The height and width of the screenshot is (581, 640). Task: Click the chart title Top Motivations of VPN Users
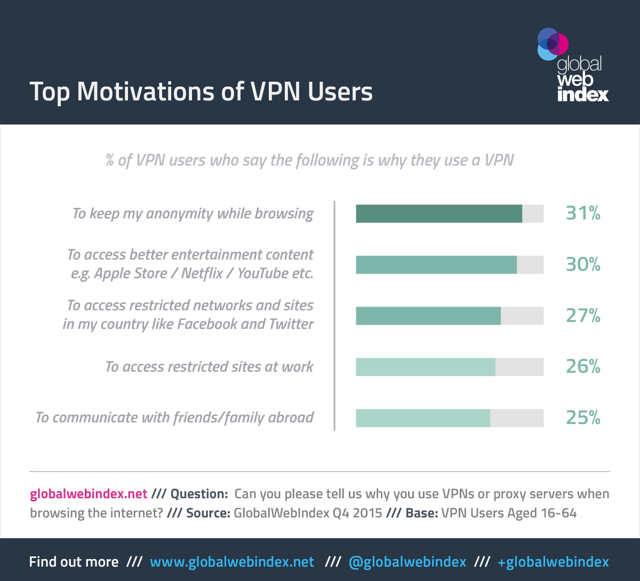click(201, 91)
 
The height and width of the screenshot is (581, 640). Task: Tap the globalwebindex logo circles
click(553, 44)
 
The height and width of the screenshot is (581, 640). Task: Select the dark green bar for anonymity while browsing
click(439, 214)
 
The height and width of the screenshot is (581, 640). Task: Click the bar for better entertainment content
click(436, 265)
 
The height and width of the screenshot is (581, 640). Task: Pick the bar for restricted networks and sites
click(428, 316)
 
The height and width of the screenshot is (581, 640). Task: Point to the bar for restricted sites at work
click(426, 367)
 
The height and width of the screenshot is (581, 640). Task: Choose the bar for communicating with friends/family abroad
click(423, 418)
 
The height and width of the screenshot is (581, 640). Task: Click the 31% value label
click(583, 214)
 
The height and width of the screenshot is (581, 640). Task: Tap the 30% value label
click(583, 265)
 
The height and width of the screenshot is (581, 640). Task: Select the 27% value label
click(583, 316)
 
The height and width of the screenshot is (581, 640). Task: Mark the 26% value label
click(583, 367)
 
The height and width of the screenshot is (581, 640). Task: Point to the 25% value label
click(583, 418)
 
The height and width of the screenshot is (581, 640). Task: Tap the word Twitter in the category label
click(291, 324)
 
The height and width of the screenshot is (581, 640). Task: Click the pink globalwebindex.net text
click(89, 494)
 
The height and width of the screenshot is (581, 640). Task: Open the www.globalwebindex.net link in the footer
click(232, 562)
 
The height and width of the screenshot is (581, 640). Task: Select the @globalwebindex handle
click(407, 562)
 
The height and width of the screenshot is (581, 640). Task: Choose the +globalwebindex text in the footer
click(553, 562)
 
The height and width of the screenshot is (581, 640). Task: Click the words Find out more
click(74, 562)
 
